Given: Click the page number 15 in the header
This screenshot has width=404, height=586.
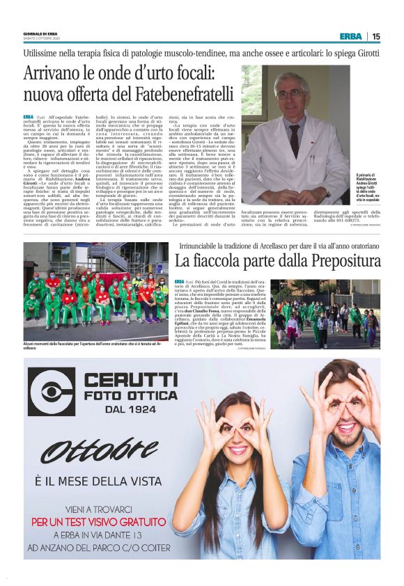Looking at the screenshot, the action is click(x=376, y=36).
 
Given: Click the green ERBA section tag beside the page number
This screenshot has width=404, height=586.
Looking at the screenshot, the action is click(x=350, y=36).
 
